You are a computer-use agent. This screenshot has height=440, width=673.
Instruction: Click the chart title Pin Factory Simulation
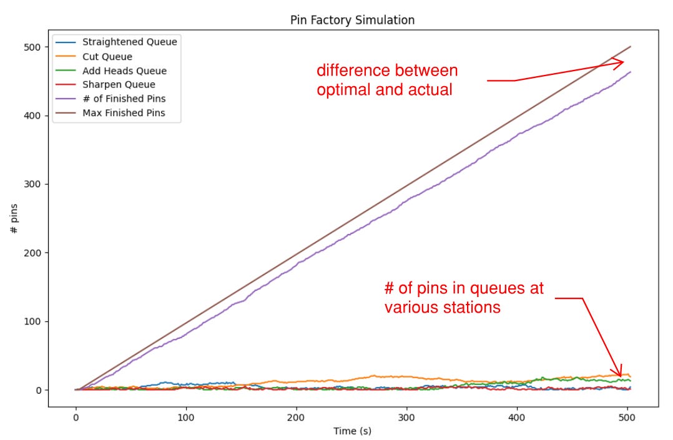352,20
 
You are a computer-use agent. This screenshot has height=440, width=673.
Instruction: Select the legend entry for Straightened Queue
129,42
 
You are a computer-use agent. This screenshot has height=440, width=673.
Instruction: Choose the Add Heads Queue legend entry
124,71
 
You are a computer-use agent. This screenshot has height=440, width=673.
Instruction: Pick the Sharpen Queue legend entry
119,85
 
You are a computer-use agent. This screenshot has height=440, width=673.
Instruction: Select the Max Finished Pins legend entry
124,114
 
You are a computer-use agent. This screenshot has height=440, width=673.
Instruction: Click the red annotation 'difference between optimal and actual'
387,80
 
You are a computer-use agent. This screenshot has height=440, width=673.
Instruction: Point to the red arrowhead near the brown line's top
619,63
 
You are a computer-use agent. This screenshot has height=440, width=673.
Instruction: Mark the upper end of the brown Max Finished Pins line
630,47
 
